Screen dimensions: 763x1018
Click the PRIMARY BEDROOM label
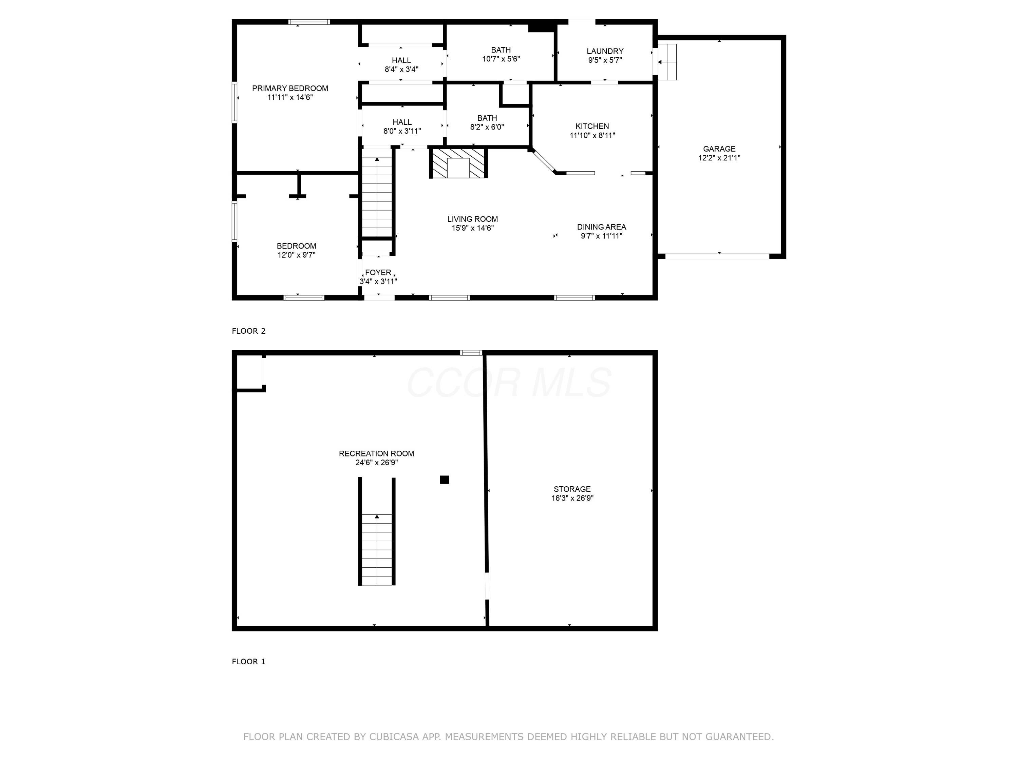[x=290, y=88]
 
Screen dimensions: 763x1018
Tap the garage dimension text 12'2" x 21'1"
[x=719, y=158]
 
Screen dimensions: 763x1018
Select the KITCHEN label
[x=592, y=126]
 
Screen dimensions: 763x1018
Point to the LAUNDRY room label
[x=605, y=51]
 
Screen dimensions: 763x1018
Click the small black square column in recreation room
[x=444, y=480]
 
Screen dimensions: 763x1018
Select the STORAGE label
[x=572, y=489]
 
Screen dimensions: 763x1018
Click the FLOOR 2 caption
[x=248, y=331]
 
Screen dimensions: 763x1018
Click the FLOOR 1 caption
[x=248, y=661]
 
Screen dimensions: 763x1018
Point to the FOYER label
[x=378, y=272]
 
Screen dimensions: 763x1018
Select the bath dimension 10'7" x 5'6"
[x=501, y=59]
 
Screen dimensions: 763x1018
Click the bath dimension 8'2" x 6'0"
[x=487, y=127]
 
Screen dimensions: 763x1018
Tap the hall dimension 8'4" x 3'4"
[x=401, y=70]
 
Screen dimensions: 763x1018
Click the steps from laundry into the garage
[x=667, y=62]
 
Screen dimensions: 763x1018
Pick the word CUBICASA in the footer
[x=394, y=737]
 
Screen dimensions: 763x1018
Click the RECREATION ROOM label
[x=376, y=453]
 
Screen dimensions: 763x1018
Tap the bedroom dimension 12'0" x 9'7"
[x=296, y=255]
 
